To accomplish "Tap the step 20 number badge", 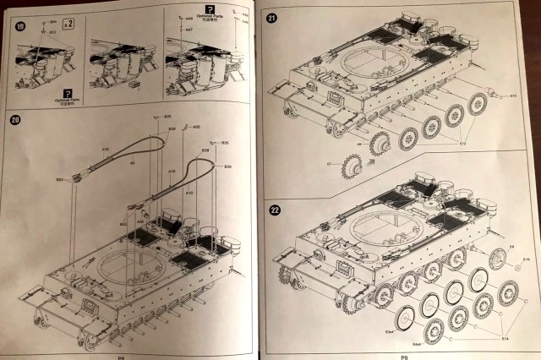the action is point(18,120).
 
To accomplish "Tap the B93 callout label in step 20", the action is point(59,179).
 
